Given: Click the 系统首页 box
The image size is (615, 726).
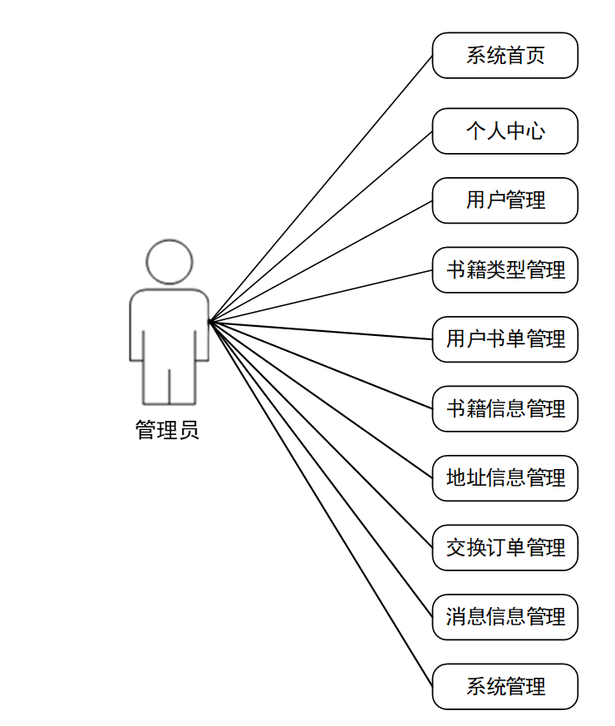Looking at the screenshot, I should (504, 56).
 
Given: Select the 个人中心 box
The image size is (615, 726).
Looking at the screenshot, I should (504, 131).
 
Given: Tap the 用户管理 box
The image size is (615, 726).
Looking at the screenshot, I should (504, 200).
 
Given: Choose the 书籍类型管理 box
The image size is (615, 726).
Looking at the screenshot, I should (504, 269).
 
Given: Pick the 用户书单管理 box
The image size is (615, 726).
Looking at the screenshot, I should (504, 339).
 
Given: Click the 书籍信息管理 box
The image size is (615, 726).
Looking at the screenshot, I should (504, 408).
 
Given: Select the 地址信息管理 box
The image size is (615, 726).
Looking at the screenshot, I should (504, 478).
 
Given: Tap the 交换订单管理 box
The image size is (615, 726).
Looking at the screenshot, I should (504, 547).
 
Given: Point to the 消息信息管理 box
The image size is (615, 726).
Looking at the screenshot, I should (504, 617).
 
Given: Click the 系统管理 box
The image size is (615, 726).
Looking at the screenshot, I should (504, 686).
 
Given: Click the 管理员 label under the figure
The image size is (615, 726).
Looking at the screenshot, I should (167, 430).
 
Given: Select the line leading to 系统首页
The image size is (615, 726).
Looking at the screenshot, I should (321, 188).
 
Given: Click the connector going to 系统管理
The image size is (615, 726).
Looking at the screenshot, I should (321, 504).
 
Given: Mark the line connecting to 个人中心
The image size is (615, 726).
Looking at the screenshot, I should (321, 225).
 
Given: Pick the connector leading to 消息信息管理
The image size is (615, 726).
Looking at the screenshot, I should (321, 469).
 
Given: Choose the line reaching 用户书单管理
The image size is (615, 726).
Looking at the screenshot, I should (321, 330).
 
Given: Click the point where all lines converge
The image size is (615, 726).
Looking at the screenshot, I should (209, 321).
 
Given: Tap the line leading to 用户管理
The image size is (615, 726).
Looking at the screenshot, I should (321, 260).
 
